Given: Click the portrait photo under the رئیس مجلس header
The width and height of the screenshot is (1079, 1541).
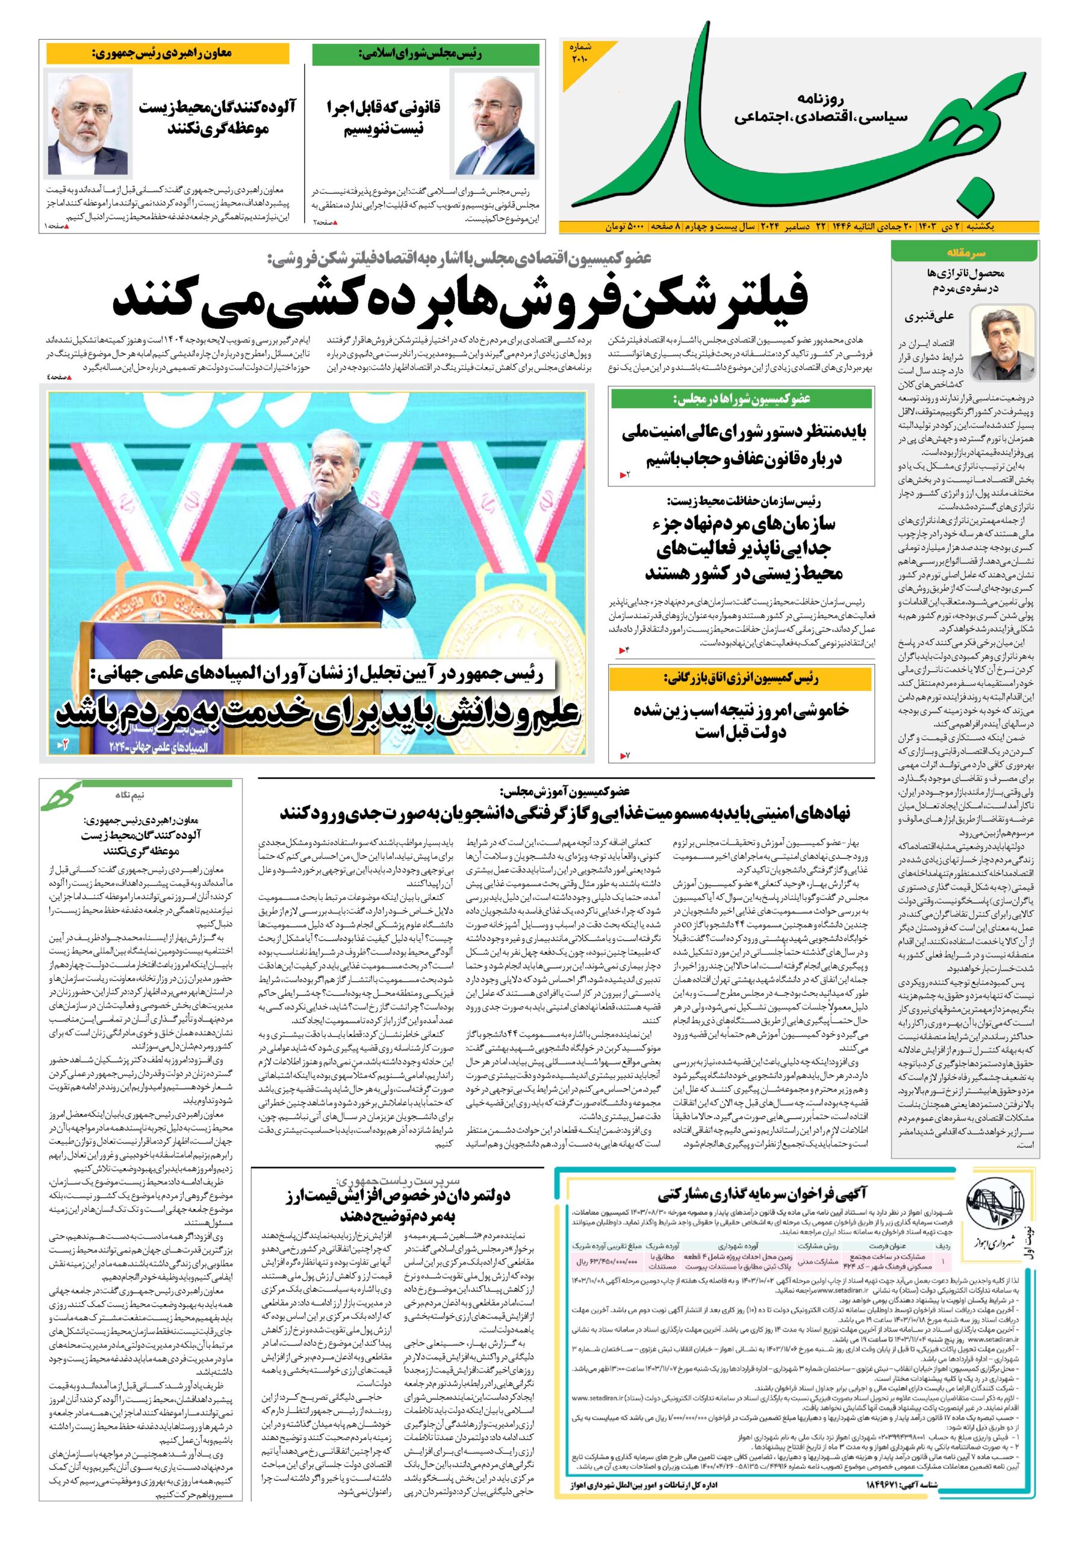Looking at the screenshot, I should [x=495, y=124].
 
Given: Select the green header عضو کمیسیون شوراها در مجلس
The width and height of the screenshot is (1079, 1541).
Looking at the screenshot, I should [x=742, y=398].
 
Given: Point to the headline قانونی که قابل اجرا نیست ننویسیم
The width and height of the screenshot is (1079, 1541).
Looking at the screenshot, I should [x=384, y=117].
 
